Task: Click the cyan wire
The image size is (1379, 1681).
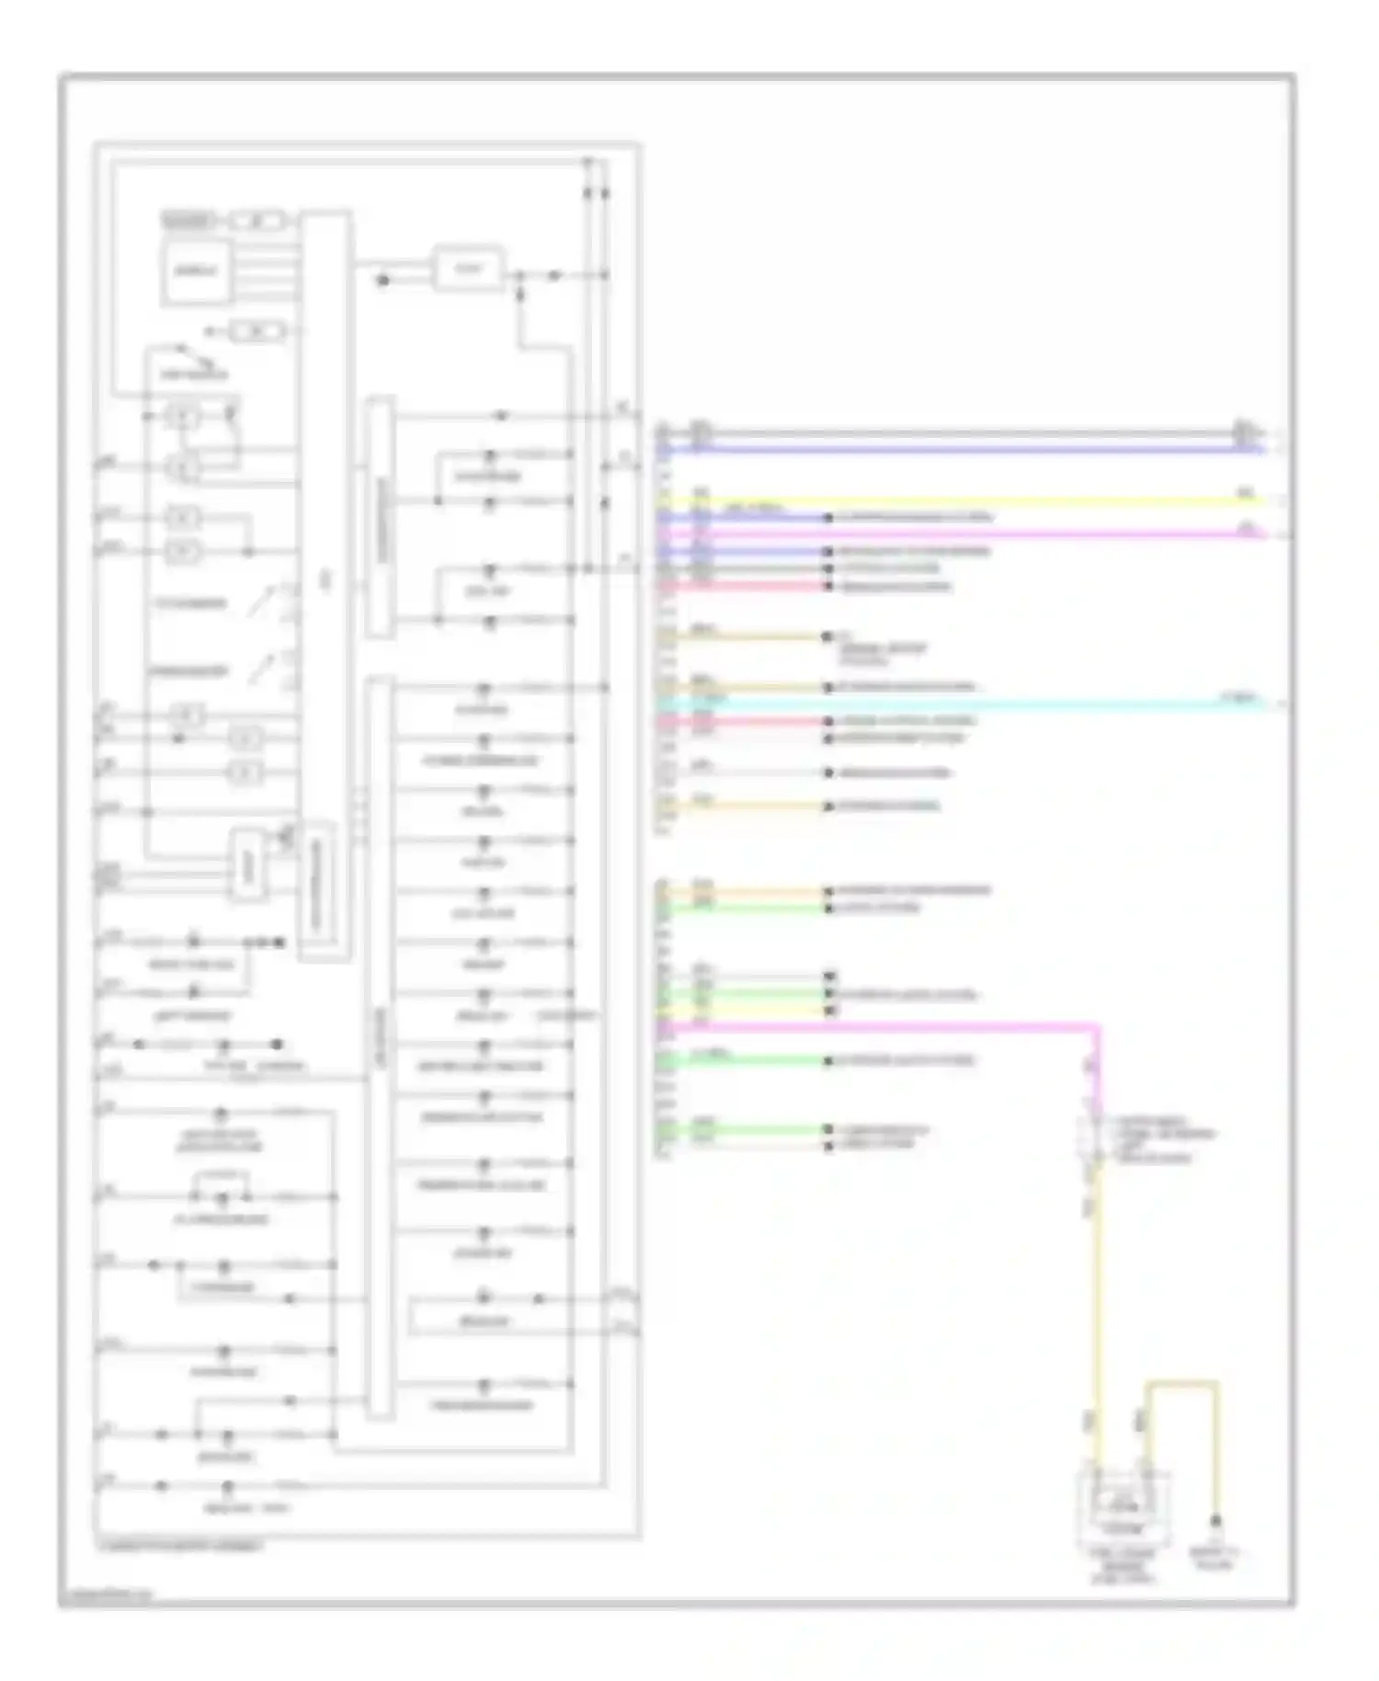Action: (x=965, y=703)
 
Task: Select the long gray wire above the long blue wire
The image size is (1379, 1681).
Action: (x=965, y=432)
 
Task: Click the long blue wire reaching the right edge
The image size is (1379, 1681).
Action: (x=965, y=450)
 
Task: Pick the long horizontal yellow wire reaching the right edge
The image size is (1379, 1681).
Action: (x=965, y=501)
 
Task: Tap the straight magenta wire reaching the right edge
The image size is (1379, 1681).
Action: (x=965, y=533)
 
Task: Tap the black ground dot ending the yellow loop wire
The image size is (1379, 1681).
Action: (x=1215, y=1522)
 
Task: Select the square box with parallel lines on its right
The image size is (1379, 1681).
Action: (x=194, y=270)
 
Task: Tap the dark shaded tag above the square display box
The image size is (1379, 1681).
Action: (x=188, y=221)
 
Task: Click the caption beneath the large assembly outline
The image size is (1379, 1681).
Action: (x=180, y=1546)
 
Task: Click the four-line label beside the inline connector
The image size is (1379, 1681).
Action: (x=1164, y=1140)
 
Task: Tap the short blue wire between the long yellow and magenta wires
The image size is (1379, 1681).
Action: (x=745, y=518)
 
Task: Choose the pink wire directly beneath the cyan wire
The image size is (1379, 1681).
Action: (x=745, y=721)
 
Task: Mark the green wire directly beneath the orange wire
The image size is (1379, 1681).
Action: (x=745, y=909)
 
